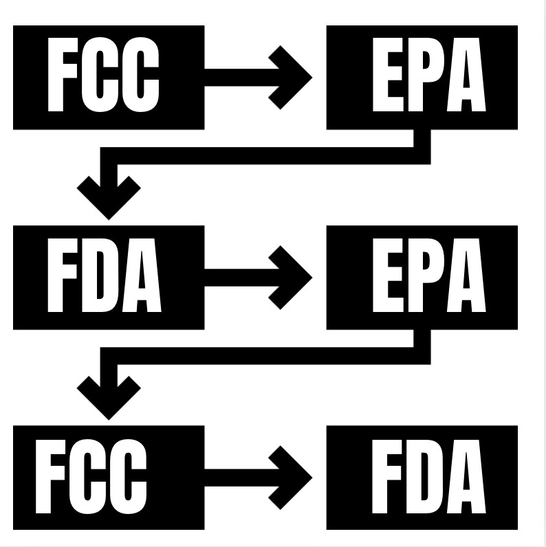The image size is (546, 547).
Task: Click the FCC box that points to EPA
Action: click(108, 77)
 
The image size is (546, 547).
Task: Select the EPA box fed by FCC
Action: click(422, 77)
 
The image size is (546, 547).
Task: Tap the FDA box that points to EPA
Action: click(108, 277)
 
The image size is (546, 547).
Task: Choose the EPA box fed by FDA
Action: click(422, 277)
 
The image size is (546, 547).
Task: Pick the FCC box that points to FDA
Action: click(108, 478)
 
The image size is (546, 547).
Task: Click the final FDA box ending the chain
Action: click(422, 478)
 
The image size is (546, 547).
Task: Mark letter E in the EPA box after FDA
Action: click(385, 277)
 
